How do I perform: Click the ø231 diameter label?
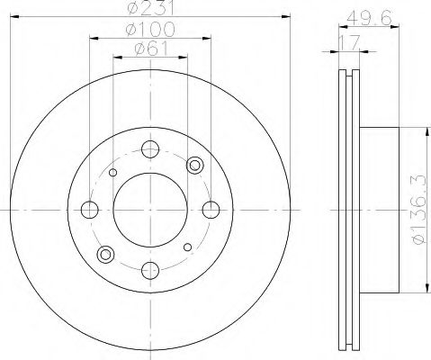point(150,8)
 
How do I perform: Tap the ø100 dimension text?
point(150,29)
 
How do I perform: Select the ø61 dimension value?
point(150,49)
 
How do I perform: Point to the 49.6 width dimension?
point(369,17)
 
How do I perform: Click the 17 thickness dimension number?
point(348,42)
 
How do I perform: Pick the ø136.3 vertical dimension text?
point(418,210)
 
